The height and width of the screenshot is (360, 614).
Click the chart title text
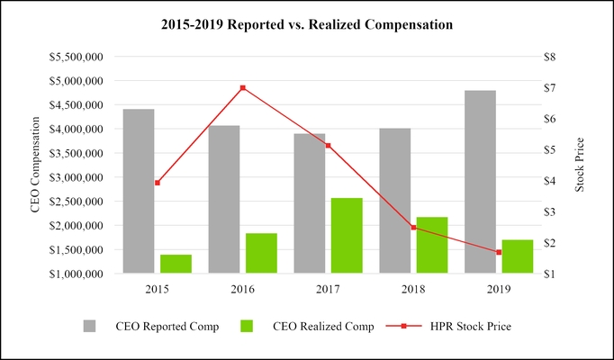(306, 24)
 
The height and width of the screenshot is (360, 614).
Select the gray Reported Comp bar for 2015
(139, 191)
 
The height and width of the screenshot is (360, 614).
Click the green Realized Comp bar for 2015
(176, 264)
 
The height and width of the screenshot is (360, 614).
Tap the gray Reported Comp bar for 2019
(480, 182)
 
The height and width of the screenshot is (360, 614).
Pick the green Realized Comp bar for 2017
(347, 235)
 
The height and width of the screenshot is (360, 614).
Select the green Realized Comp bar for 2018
(432, 245)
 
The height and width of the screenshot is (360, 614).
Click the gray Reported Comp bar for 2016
(224, 199)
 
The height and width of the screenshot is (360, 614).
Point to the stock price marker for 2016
(243, 88)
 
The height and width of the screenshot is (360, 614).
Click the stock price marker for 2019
(499, 252)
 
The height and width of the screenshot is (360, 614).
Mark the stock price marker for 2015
(158, 183)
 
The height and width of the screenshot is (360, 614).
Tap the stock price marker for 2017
(329, 145)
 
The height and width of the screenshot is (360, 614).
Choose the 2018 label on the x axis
(413, 289)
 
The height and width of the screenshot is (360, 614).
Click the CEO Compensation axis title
(37, 166)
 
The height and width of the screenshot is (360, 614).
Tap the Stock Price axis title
(580, 165)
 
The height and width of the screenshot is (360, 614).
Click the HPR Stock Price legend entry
(455, 326)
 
